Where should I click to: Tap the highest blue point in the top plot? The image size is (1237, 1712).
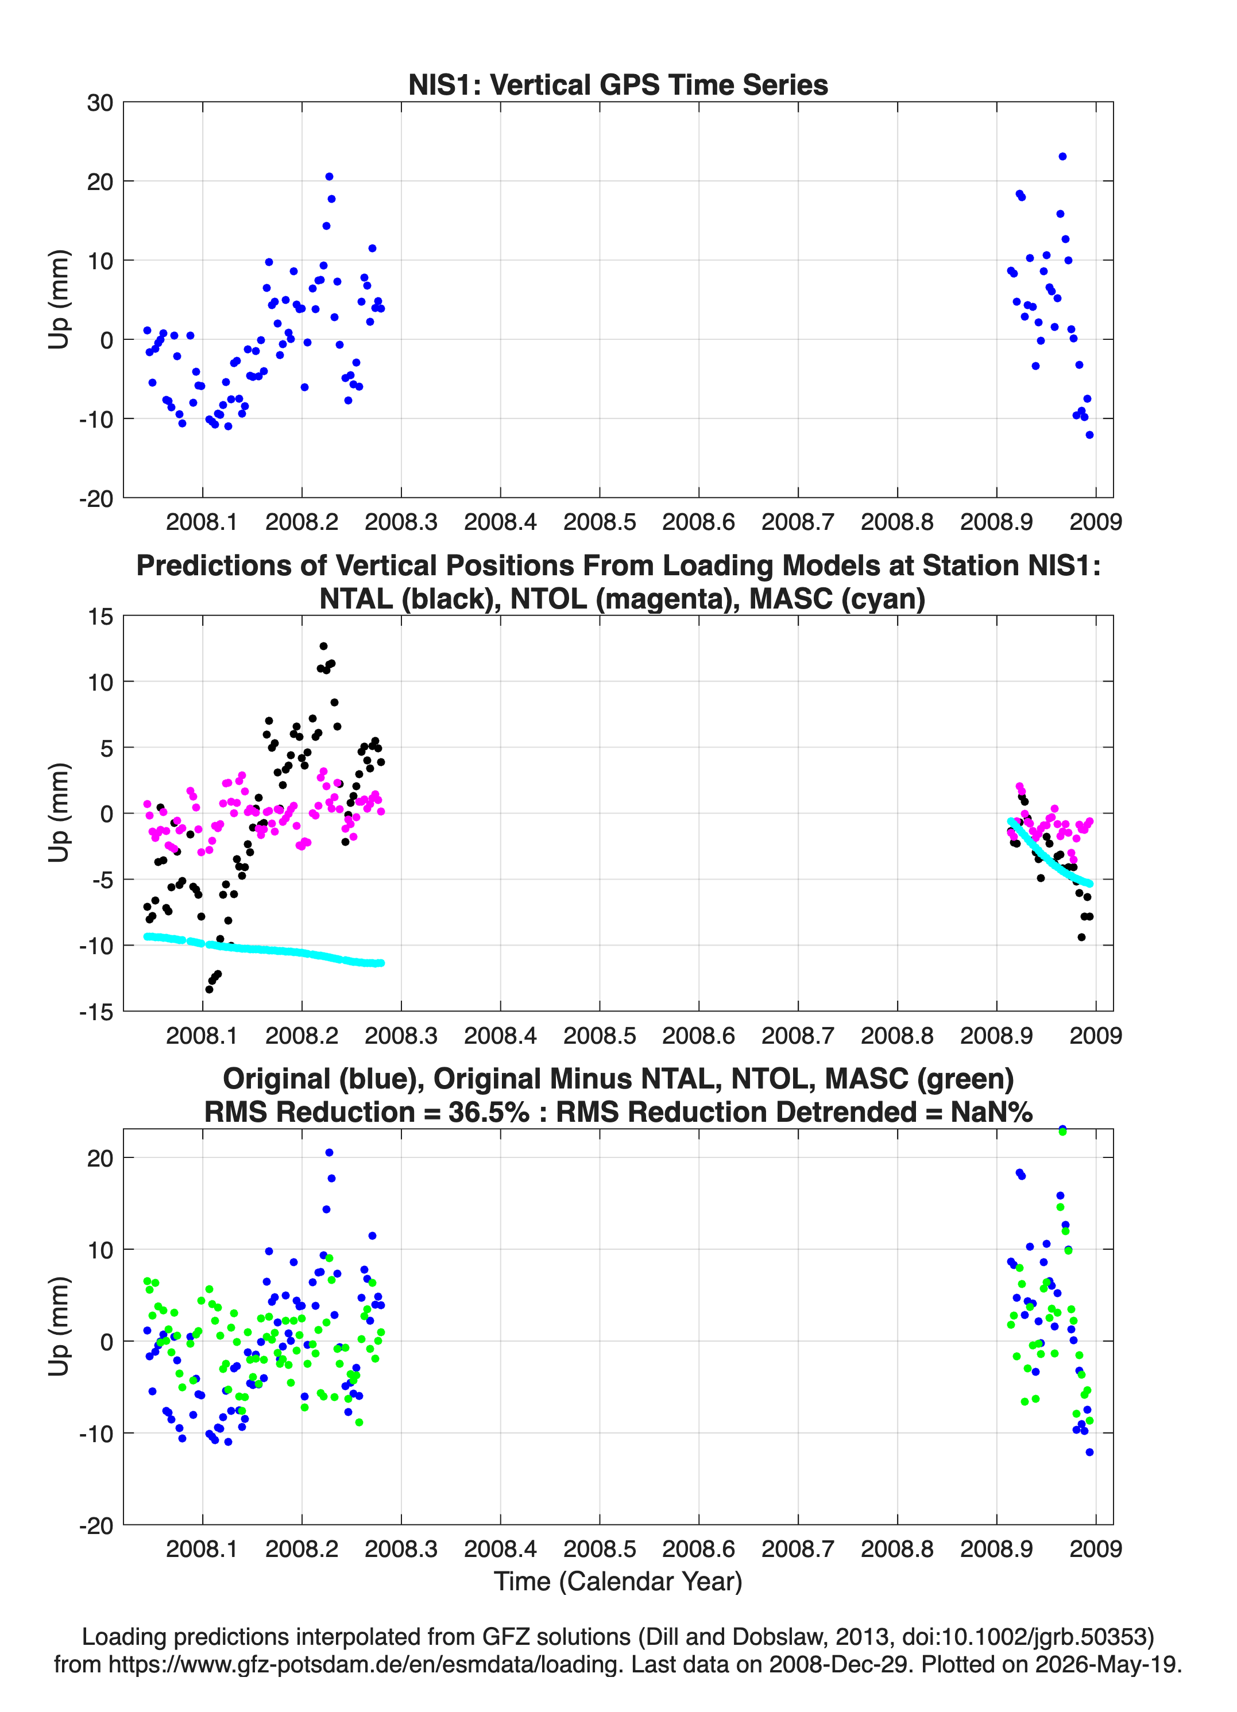(x=1062, y=156)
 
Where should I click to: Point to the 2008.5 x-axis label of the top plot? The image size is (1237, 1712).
(x=600, y=522)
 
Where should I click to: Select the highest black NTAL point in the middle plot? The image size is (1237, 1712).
(x=323, y=646)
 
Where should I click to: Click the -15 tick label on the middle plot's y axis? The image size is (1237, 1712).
(x=96, y=1012)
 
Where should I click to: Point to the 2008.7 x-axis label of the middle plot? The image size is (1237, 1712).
(x=798, y=1035)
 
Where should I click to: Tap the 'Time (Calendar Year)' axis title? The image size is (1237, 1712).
(x=618, y=1581)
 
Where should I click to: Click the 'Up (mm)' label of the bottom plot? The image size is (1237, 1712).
(x=59, y=1326)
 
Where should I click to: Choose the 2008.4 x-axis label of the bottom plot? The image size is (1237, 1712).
(x=500, y=1548)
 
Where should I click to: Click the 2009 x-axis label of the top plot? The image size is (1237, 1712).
(x=1096, y=522)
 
